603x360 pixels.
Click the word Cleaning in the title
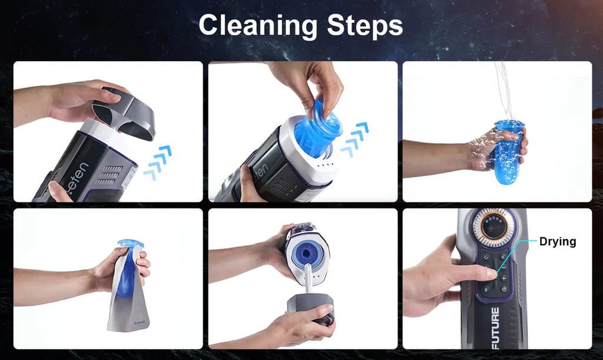[x=253, y=26]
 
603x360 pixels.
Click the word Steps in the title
[x=366, y=26]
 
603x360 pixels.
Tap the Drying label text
[x=557, y=242]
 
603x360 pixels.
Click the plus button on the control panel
[x=503, y=278]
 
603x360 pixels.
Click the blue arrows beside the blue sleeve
[x=355, y=140]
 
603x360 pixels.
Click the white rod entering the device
[x=307, y=283]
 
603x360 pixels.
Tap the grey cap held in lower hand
[x=311, y=310]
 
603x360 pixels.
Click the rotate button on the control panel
[x=486, y=257]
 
